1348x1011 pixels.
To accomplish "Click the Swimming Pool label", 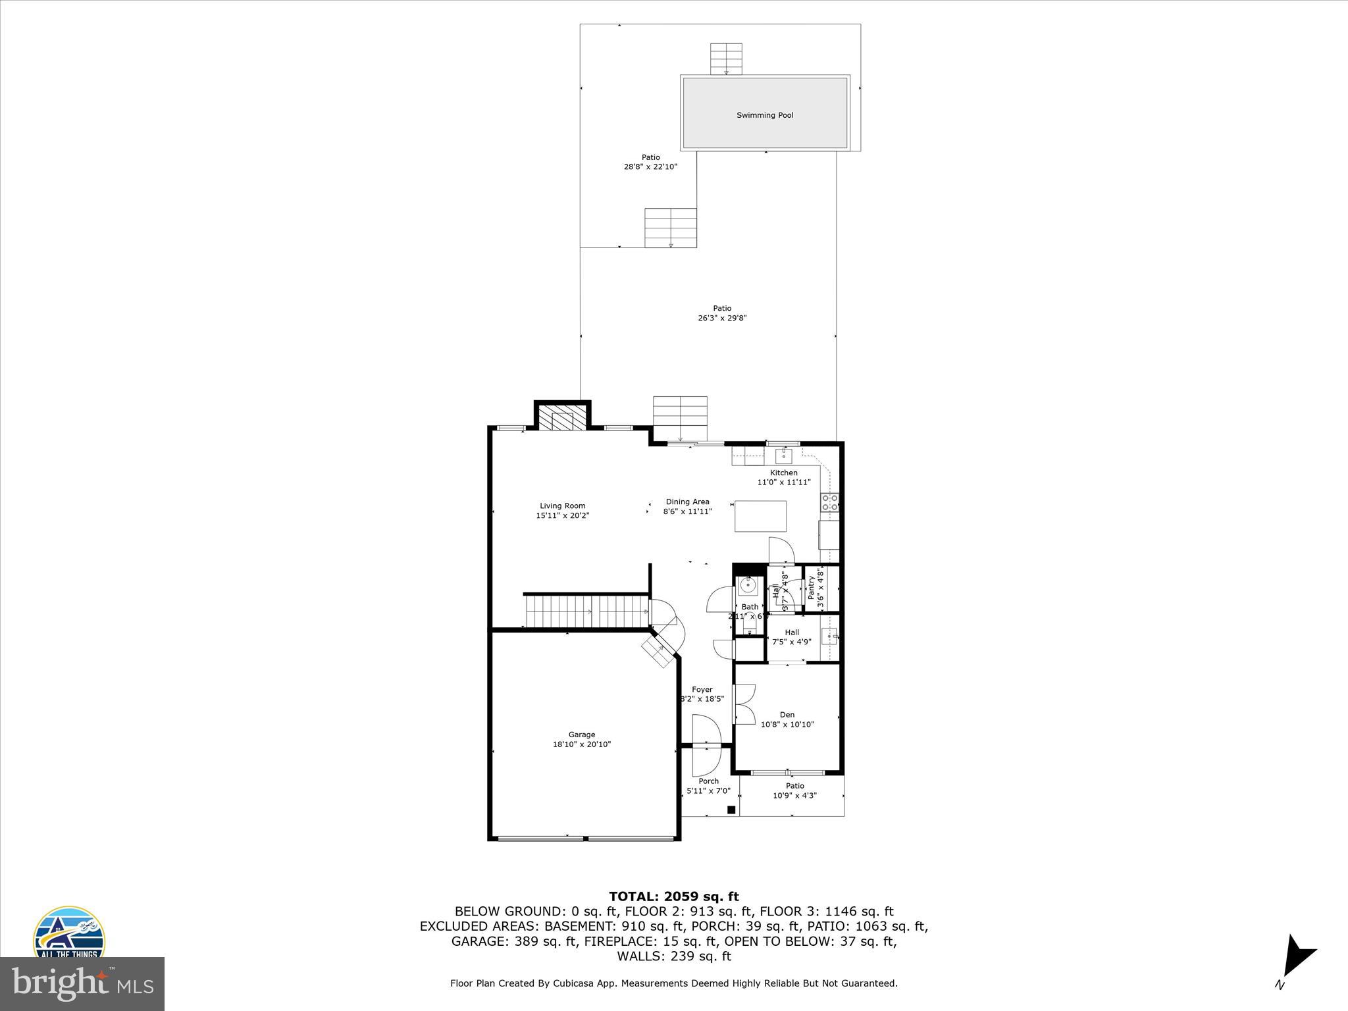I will (764, 115).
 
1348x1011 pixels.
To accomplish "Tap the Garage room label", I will (582, 735).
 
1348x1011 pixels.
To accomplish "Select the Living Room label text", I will (563, 506).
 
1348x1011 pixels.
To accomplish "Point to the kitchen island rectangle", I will (760, 516).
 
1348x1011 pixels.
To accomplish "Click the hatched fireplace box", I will (562, 418).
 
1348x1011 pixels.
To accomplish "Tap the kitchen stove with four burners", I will (829, 502).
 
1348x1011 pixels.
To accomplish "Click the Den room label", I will (787, 715).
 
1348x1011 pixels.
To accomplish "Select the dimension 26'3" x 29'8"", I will (722, 318).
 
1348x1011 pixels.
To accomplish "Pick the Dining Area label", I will (687, 502).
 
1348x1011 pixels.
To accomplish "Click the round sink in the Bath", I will (749, 584).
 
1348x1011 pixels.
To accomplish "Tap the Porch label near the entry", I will (709, 781).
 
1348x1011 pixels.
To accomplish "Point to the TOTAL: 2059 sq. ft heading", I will (673, 896).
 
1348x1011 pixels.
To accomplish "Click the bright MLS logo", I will (82, 983).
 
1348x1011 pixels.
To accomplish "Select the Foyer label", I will (702, 690).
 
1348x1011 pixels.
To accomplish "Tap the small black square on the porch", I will (731, 810).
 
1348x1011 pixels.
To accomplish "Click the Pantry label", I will (811, 588).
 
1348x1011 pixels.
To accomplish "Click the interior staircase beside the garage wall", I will (586, 611).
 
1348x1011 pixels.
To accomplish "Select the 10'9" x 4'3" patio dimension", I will (794, 795).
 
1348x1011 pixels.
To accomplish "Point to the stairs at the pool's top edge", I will (726, 59).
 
